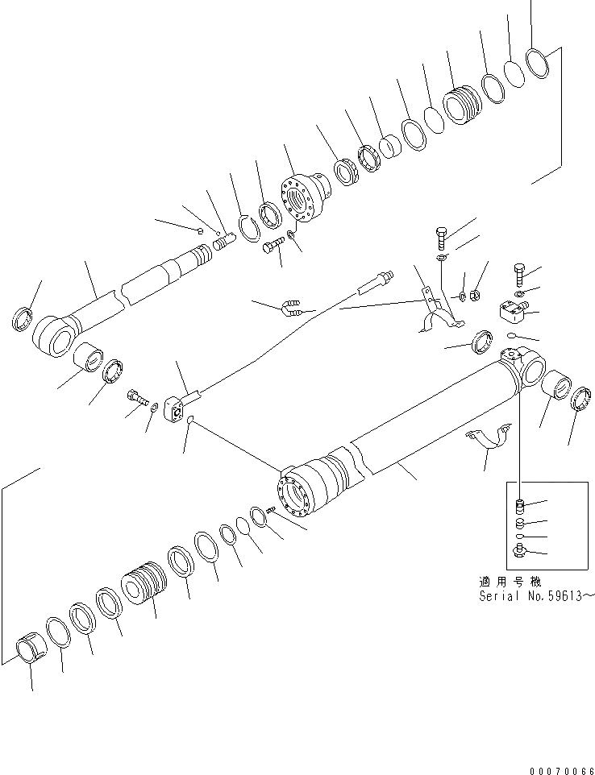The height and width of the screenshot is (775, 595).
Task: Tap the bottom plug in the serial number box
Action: (x=518, y=552)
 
